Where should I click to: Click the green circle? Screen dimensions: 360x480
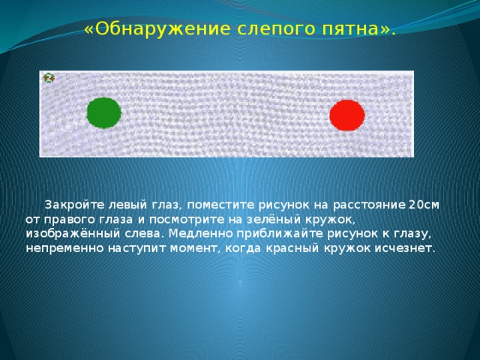[x=103, y=112]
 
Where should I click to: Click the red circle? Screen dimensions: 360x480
[x=346, y=115]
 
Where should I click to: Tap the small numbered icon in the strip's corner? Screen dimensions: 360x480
[x=48, y=78]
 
